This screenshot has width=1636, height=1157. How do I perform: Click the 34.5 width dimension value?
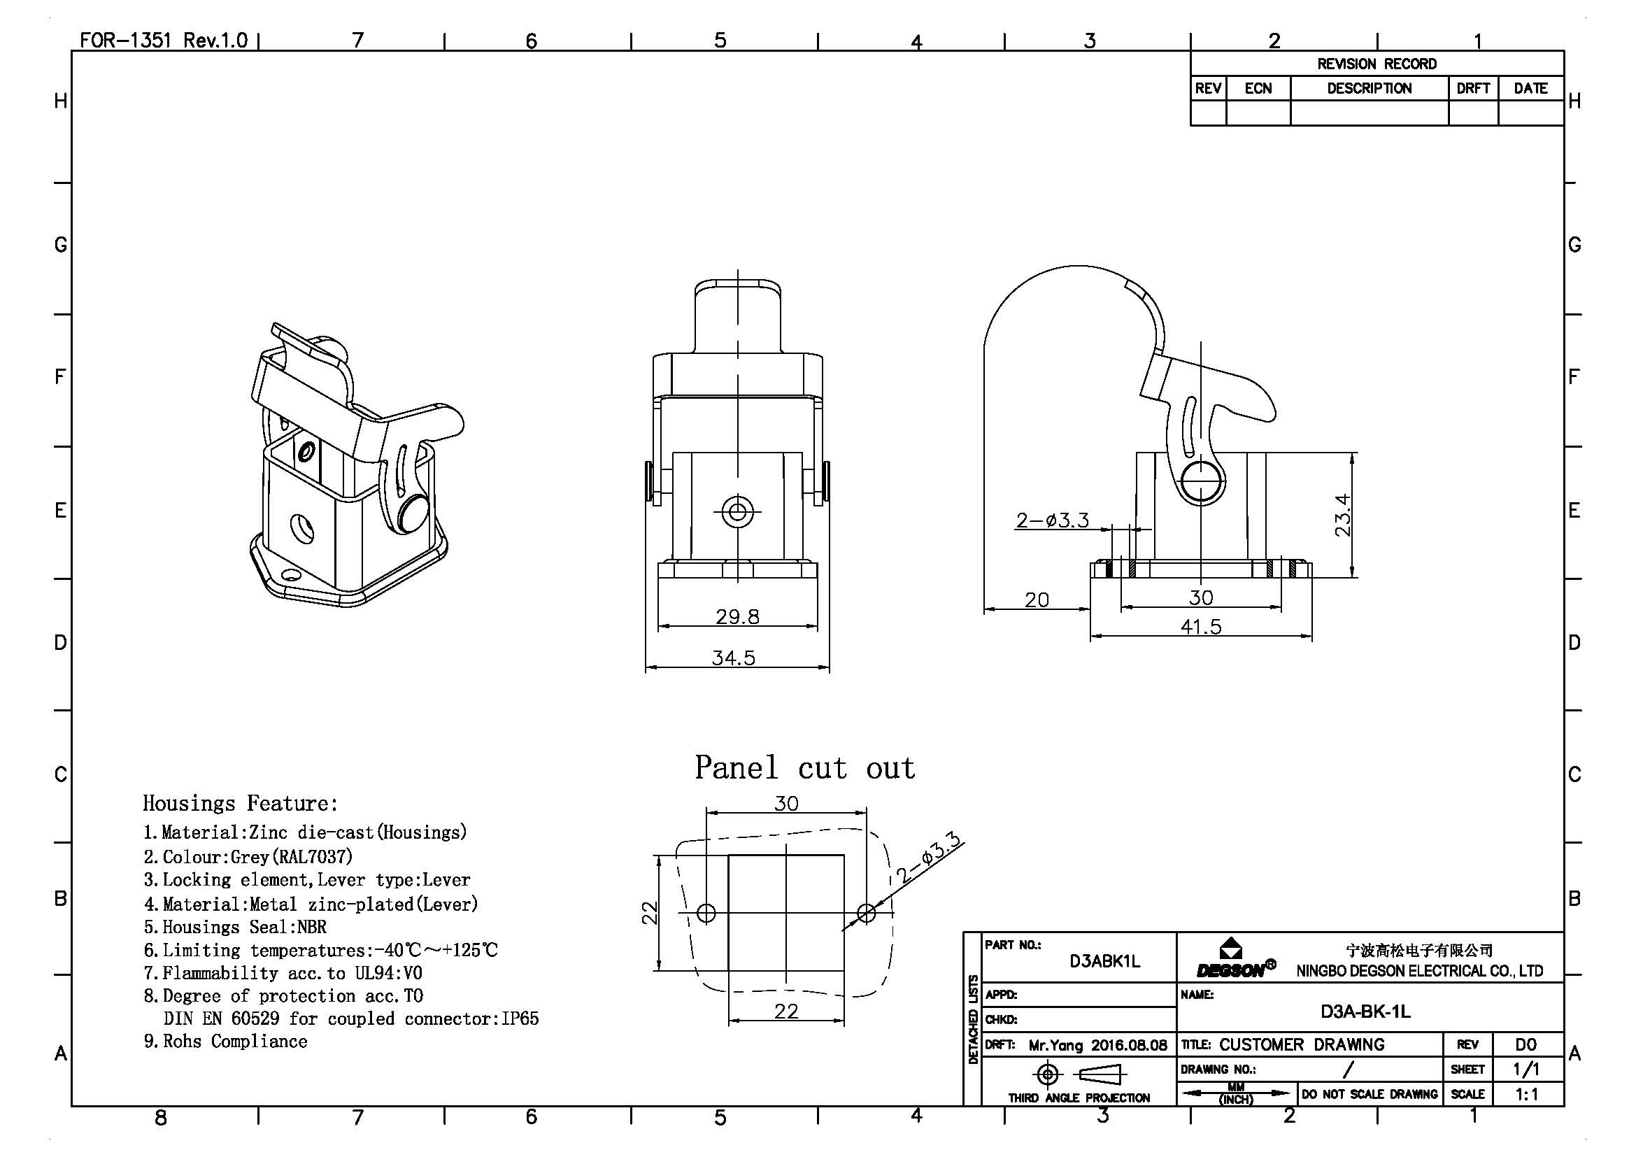(733, 658)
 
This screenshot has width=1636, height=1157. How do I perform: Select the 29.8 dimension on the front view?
(737, 616)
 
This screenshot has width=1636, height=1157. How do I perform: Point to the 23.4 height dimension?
(1342, 514)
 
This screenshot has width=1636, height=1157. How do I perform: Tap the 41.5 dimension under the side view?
(1201, 627)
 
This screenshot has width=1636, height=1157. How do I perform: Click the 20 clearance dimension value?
(1037, 600)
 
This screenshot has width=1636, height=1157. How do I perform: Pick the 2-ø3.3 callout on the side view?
(1053, 520)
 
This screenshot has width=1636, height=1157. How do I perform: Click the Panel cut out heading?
(804, 768)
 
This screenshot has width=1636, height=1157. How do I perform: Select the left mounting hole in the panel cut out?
(706, 913)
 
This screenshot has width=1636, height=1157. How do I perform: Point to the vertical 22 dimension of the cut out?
(649, 913)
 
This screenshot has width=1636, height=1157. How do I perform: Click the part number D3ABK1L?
(1104, 961)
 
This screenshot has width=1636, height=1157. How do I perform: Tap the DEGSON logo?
(1235, 960)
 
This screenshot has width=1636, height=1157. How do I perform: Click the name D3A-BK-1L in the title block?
(1365, 1012)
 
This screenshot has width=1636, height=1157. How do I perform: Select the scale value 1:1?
(1526, 1094)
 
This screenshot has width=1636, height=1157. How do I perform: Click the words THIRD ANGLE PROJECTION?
(1079, 1098)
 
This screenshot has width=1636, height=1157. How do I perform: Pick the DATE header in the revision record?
(1530, 88)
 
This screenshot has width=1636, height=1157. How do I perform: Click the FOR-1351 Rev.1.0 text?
(163, 40)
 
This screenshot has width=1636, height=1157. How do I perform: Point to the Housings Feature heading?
(240, 804)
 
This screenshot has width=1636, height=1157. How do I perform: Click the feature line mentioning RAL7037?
(248, 856)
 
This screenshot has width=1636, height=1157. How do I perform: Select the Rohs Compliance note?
(226, 1042)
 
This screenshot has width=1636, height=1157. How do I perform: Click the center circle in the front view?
(737, 511)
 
